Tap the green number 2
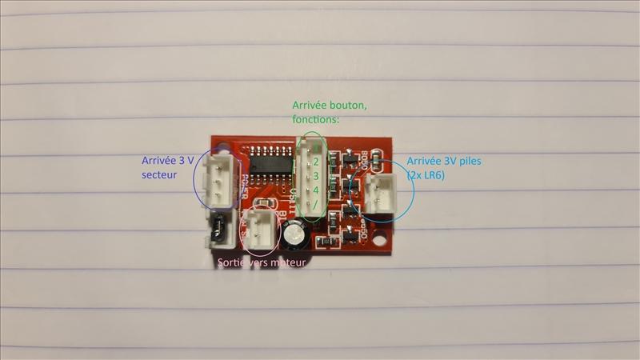click(x=316, y=162)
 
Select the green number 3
click(x=316, y=175)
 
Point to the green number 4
click(x=316, y=190)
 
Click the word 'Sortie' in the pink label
click(x=233, y=262)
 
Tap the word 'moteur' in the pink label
click(x=287, y=262)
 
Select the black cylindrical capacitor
click(x=294, y=234)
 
